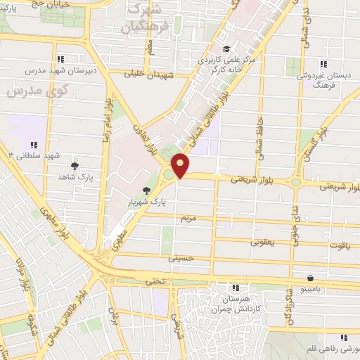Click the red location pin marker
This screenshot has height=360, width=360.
181,165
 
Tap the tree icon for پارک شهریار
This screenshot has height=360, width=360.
146,191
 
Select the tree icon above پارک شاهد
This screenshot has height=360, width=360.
75,166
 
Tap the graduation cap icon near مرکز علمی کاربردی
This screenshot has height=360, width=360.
226,49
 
